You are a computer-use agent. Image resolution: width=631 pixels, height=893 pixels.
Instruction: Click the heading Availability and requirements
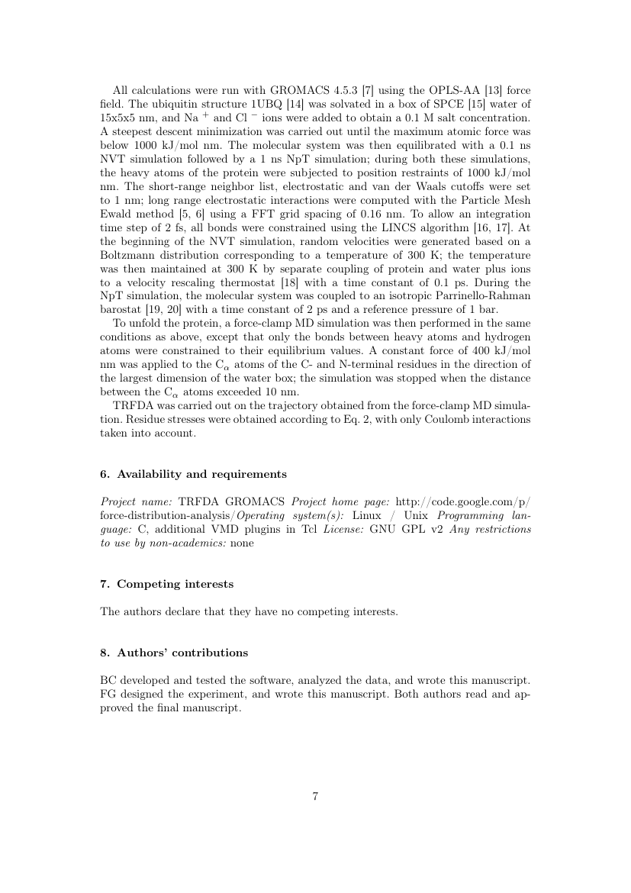201,475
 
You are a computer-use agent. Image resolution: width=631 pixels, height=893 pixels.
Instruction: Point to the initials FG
108,695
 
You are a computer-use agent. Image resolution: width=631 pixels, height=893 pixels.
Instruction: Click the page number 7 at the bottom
315,797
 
